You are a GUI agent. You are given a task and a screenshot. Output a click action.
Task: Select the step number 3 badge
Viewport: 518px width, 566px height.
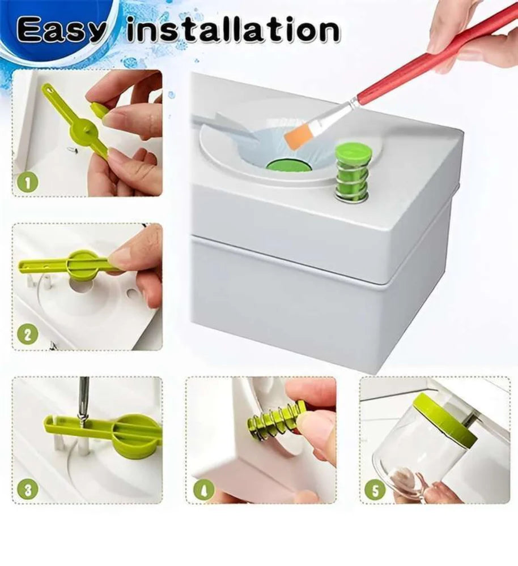[28, 488]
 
